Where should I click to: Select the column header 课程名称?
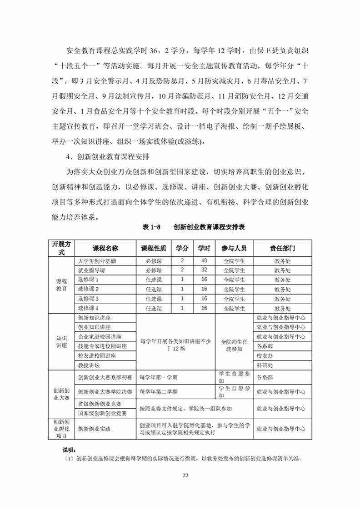point(105,248)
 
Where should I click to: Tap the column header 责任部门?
point(282,248)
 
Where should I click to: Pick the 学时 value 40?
point(204,260)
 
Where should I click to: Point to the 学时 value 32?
point(204,270)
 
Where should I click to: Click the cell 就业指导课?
point(91,270)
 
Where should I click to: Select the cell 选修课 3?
point(88,299)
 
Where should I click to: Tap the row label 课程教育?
point(61,285)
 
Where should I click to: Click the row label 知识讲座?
point(61,341)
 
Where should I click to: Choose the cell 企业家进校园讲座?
point(100,337)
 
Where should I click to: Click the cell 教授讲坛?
point(89,365)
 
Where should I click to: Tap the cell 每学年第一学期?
point(158,377)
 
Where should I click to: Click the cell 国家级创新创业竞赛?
point(102,413)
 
